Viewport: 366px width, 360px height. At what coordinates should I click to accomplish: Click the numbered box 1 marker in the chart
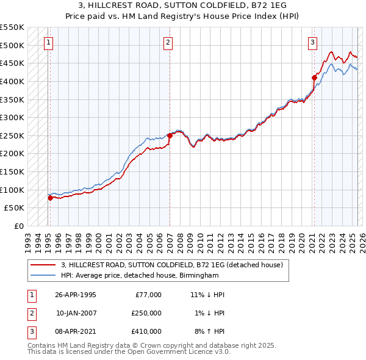[x=48, y=42]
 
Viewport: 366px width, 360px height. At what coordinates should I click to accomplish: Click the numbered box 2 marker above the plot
[x=168, y=42]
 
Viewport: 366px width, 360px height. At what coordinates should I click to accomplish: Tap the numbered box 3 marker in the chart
[x=312, y=42]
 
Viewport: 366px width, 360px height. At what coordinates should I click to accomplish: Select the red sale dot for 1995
[x=50, y=198]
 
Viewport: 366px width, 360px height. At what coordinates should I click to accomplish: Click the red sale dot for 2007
[x=170, y=135]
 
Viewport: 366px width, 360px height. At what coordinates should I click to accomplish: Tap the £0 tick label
[x=18, y=226]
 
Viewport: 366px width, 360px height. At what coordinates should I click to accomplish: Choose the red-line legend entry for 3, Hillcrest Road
[x=171, y=265]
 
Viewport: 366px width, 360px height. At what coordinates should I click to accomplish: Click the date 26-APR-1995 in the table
[x=76, y=295]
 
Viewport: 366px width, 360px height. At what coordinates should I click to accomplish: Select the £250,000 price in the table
[x=146, y=313]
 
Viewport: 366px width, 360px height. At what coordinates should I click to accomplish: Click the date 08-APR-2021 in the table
[x=76, y=331]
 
